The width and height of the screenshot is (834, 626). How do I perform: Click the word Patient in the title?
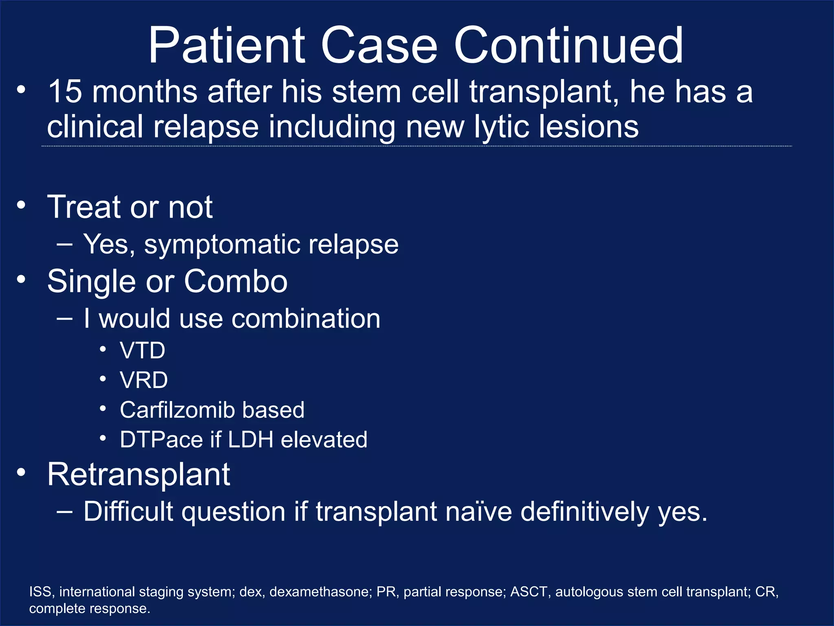point(226,46)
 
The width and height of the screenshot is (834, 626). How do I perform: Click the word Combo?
point(236,281)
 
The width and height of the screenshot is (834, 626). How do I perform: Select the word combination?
point(306,318)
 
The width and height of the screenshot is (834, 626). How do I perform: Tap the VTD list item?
point(143,350)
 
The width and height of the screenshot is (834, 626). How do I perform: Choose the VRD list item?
point(144,380)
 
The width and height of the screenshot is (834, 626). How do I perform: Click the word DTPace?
point(161,440)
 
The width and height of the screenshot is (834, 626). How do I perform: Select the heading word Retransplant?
point(138,475)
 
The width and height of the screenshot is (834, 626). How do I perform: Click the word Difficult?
point(128,511)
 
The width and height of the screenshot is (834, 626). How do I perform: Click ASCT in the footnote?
point(529,592)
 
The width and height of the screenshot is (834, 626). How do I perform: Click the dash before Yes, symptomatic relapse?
point(65,245)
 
